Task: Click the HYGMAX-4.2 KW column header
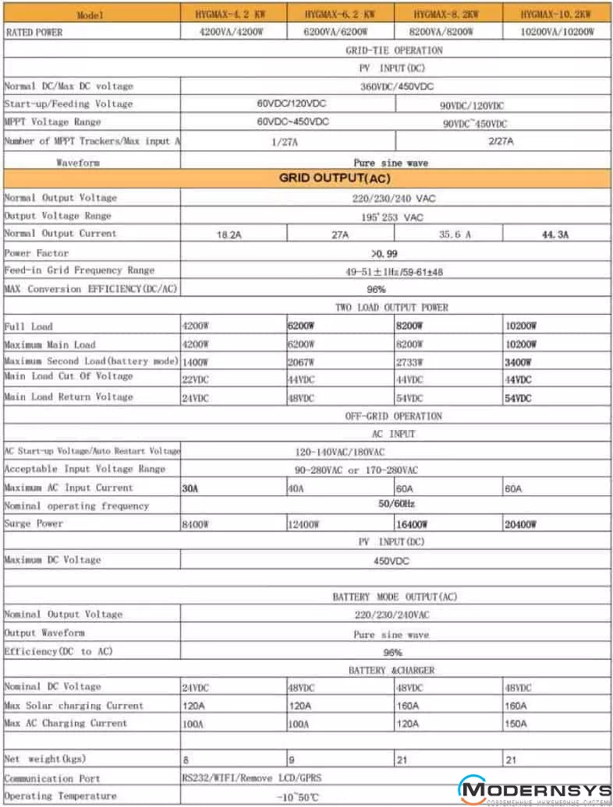(x=232, y=14)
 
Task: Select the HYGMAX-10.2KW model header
(x=556, y=14)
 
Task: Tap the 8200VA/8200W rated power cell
(x=448, y=32)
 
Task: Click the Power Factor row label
(x=37, y=252)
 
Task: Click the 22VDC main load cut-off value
(x=196, y=379)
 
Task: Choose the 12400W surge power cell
(x=305, y=525)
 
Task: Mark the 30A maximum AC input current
(x=190, y=488)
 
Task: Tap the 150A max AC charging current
(x=517, y=724)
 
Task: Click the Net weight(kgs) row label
(x=45, y=758)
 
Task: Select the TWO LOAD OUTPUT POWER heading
(x=392, y=308)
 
